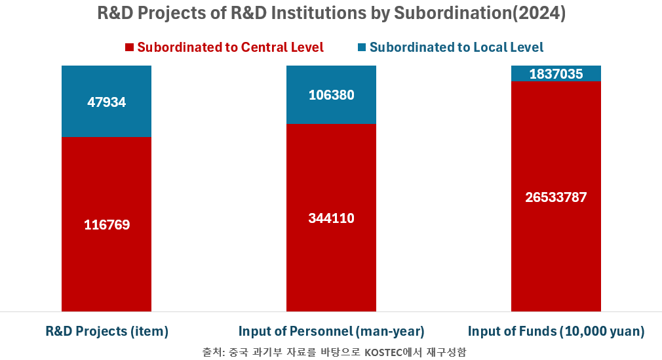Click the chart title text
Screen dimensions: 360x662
tap(331, 14)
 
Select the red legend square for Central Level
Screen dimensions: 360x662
tap(129, 47)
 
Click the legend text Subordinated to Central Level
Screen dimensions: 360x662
tap(230, 47)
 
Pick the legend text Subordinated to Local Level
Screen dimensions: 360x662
tap(456, 47)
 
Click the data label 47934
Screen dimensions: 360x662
tap(106, 102)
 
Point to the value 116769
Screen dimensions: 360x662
tap(106, 225)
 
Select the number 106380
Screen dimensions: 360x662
tap(331, 95)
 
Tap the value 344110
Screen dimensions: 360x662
tap(331, 218)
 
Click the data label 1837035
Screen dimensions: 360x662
tap(556, 74)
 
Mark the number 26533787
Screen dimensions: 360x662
tap(556, 197)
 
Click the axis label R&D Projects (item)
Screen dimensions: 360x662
tap(107, 331)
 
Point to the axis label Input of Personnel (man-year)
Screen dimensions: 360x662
tap(331, 331)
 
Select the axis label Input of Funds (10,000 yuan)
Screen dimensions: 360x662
tap(556, 331)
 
